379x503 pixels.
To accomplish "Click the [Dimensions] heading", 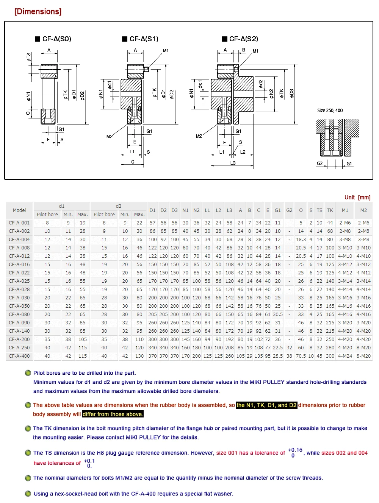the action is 38,11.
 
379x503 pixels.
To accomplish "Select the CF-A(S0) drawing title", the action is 53,39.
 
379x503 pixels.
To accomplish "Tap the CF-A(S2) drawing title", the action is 240,39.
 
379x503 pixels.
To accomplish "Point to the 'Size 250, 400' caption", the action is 330,111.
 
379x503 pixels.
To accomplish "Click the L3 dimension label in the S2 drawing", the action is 233,163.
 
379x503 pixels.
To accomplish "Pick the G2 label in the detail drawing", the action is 319,164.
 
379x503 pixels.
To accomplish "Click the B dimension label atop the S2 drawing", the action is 244,50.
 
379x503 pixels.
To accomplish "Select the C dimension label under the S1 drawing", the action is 133,162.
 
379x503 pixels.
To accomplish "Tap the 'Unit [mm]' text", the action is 357,197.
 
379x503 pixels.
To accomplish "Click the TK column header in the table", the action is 330,210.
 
